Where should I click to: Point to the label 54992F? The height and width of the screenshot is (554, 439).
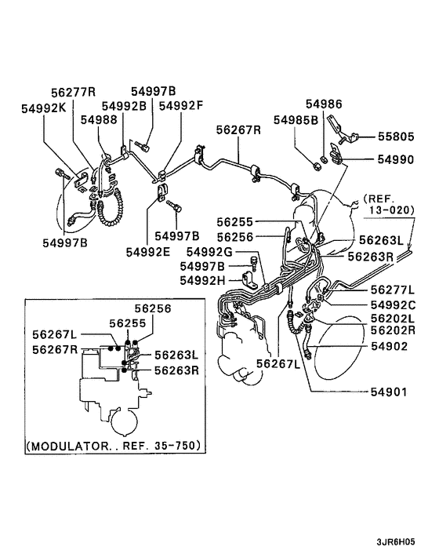pos(181,105)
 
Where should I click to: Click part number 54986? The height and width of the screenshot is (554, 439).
pos(324,104)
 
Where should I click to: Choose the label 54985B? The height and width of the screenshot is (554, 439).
pos(296,119)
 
